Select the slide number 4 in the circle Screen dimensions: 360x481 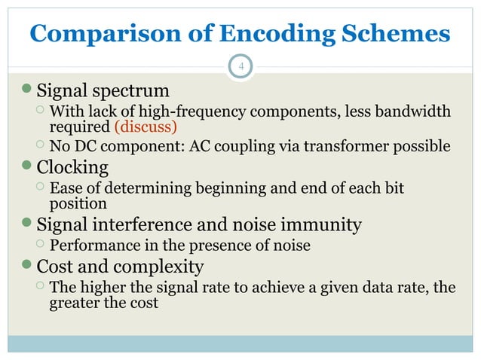[240, 68]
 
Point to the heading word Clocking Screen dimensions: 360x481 [72, 166]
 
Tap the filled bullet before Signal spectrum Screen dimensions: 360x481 [29, 92]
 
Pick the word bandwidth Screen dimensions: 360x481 [412, 112]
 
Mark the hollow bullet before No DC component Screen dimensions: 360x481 [40, 145]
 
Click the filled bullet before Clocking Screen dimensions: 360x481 [29, 166]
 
